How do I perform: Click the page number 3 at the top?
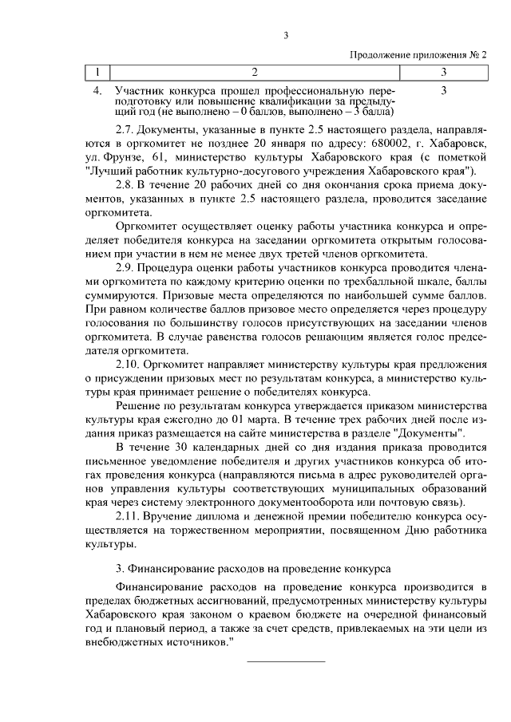click(285, 34)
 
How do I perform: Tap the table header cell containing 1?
click(97, 73)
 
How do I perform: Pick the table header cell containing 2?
click(255, 73)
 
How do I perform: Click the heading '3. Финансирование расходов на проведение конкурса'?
click(253, 569)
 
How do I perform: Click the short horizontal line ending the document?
click(285, 661)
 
